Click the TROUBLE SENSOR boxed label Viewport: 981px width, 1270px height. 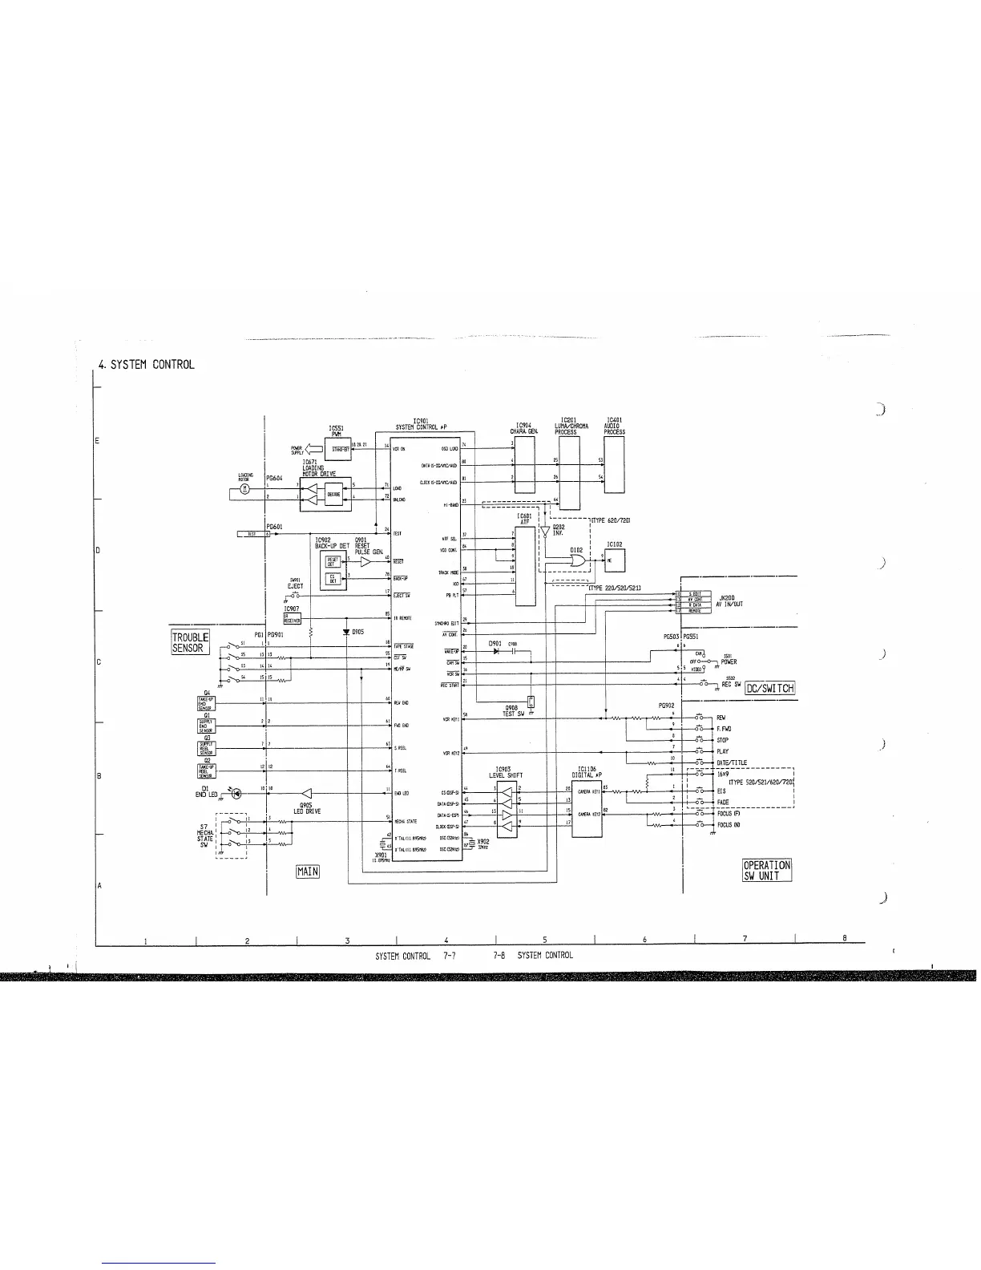[190, 642]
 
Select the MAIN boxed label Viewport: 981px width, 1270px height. [308, 871]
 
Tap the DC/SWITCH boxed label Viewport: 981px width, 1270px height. [769, 688]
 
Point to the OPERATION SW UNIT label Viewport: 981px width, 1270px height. [767, 870]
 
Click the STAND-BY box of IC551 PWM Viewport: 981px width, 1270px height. [340, 449]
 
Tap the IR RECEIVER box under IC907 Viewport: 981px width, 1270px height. [293, 618]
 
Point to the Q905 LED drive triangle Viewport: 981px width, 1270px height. [305, 793]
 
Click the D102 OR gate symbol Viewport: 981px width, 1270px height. [576, 563]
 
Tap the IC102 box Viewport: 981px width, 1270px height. [614, 560]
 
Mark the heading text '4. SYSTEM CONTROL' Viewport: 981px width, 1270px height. [146, 365]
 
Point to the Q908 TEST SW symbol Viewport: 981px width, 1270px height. [531, 703]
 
